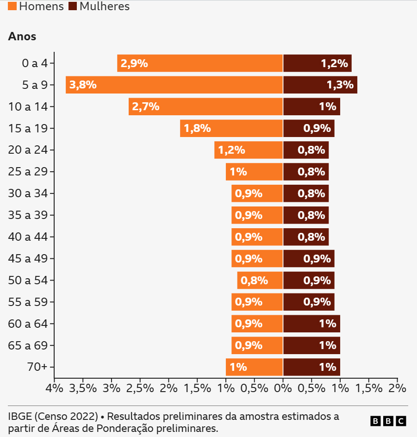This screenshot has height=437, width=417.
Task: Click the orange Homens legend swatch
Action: (x=12, y=6)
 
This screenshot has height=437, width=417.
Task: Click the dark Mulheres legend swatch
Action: (x=73, y=6)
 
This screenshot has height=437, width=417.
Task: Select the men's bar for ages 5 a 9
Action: (x=174, y=85)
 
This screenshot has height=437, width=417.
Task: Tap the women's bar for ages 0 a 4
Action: (x=317, y=63)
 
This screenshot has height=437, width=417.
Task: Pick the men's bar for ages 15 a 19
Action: (x=231, y=128)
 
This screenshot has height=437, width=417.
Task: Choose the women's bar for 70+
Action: (x=311, y=367)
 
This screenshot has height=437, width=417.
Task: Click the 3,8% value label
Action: (x=83, y=85)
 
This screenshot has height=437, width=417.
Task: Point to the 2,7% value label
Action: (x=146, y=106)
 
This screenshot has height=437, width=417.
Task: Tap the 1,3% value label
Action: (x=340, y=85)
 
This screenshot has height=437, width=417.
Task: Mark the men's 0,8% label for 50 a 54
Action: (x=254, y=280)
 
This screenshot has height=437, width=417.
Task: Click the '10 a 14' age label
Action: (x=28, y=106)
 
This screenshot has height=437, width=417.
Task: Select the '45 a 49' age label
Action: (x=28, y=258)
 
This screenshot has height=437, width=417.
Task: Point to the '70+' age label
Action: (x=37, y=367)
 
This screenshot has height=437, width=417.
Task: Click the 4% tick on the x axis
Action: (x=54, y=388)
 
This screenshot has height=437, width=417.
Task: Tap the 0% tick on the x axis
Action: (x=283, y=388)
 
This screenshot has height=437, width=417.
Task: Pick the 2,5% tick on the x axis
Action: (x=140, y=388)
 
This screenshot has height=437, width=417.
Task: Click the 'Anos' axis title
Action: (x=22, y=37)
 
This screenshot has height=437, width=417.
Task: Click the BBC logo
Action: (x=388, y=421)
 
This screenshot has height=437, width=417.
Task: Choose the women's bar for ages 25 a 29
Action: (x=306, y=172)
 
